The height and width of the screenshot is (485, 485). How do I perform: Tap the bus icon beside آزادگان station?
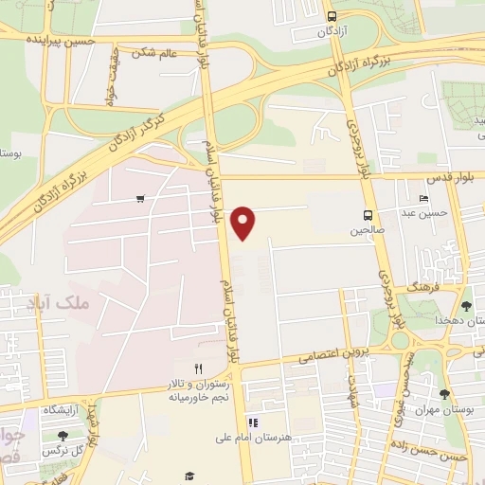332,16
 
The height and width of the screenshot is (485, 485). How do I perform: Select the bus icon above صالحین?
368,214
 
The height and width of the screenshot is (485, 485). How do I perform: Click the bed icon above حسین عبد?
422,198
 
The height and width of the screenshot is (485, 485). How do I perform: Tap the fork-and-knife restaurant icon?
198,368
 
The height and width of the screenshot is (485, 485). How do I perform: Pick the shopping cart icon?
140,199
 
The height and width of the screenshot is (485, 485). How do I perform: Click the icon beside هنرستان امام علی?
253,422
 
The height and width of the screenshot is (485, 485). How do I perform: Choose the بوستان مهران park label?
447,411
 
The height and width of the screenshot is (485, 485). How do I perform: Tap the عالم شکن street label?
154,53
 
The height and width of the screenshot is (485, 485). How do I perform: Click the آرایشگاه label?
62,409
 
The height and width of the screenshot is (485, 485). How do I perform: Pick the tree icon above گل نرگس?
63,436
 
